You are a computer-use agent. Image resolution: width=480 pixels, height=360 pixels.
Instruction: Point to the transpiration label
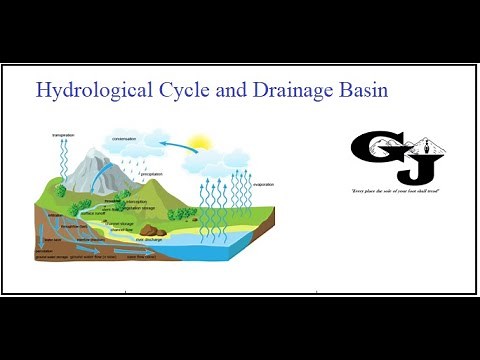tap(64, 134)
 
